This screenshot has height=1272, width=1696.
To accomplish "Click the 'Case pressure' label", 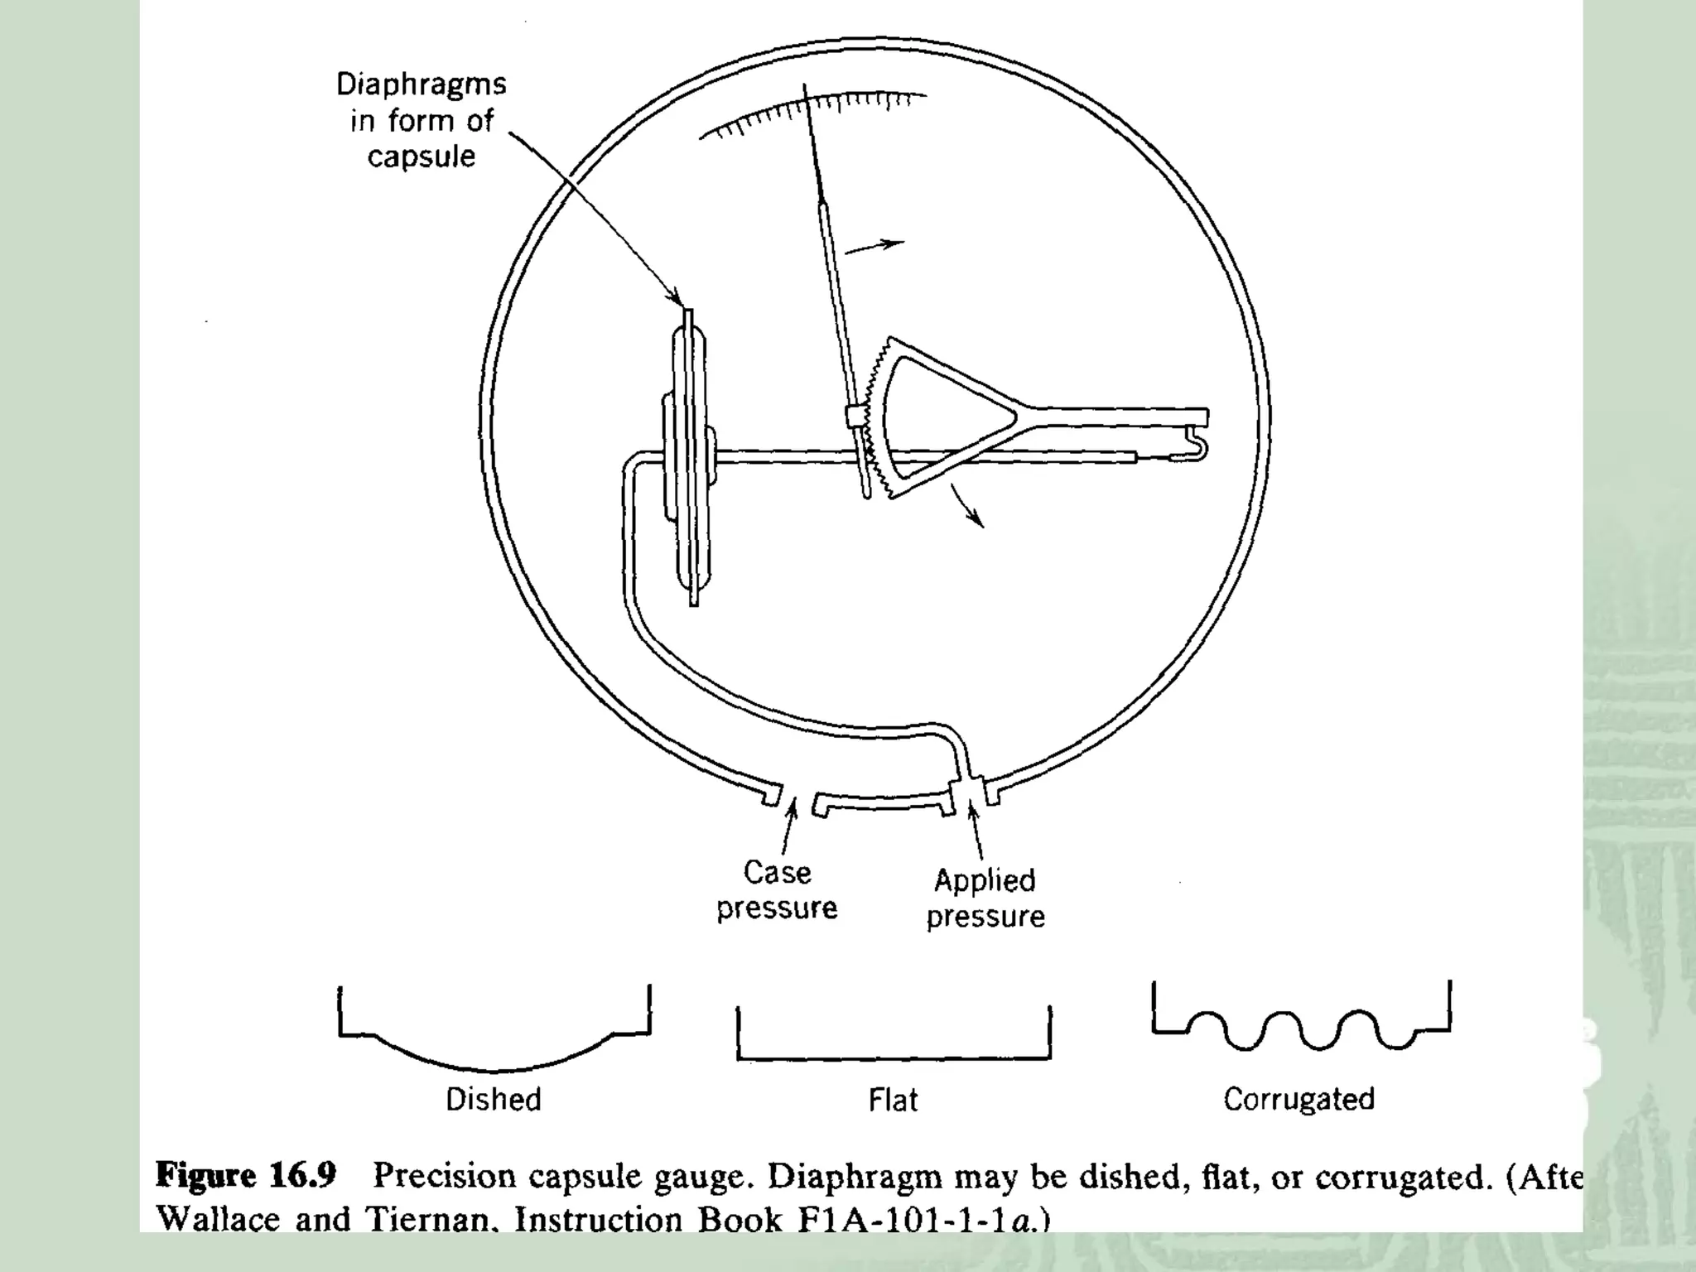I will pyautogui.click(x=777, y=890).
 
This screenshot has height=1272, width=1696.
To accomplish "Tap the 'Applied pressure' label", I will pyautogui.click(x=985, y=899).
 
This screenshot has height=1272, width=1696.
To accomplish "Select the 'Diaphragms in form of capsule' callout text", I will pyautogui.click(x=422, y=120).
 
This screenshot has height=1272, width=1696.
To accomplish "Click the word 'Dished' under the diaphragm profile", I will pyautogui.click(x=494, y=1099).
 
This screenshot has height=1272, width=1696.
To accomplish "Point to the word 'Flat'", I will pyautogui.click(x=893, y=1100).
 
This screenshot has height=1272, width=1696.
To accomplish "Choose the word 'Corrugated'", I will pyautogui.click(x=1298, y=1099).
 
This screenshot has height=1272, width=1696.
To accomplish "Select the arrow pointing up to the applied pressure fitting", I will pyautogui.click(x=976, y=832).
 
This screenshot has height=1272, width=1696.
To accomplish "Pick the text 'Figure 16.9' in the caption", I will pyautogui.click(x=246, y=1175).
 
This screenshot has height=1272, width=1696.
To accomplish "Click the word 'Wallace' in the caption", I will pyautogui.click(x=218, y=1218).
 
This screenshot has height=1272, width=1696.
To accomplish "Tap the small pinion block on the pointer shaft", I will pyautogui.click(x=853, y=415).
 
